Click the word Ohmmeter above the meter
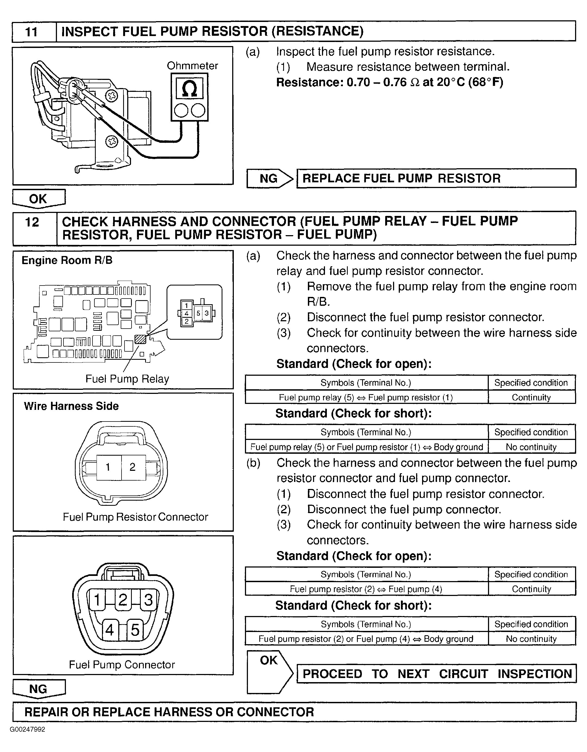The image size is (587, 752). pos(192,66)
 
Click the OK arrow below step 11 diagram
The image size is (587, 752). pos(38,199)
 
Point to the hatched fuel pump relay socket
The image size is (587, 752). pos(140,339)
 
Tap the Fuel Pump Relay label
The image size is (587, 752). pos(127,379)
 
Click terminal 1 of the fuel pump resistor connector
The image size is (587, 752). pos(108,467)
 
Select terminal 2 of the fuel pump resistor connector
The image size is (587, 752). pos(133,467)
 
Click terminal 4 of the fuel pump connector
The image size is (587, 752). pos(110,630)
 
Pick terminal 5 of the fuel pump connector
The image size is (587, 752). pos(135,630)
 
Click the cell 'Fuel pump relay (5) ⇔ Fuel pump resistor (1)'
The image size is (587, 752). pos(366,397)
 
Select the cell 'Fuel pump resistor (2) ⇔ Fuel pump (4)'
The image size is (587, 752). pos(366,589)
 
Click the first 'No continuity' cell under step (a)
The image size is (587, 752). pos(531,447)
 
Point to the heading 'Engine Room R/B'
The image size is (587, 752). pos(67,260)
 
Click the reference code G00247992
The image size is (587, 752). pos(28,729)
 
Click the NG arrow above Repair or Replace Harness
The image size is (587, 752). pos(38,689)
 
